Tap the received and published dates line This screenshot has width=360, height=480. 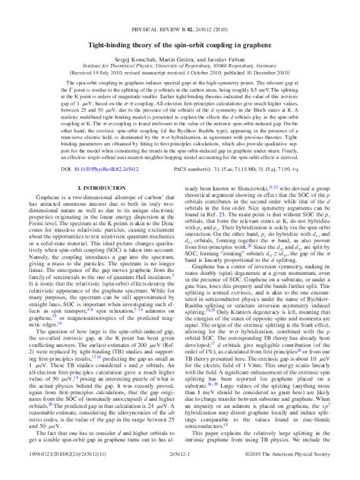coord(180,54)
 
